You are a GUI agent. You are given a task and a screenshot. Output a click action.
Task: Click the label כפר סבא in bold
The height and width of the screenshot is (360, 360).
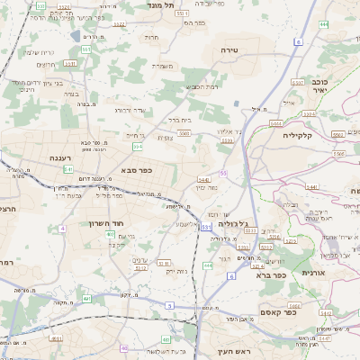(136, 170)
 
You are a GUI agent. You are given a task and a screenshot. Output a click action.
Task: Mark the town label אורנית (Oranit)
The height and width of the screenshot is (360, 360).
(311, 272)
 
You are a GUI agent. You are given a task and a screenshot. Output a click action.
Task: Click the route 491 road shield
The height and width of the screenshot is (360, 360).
(86, 298)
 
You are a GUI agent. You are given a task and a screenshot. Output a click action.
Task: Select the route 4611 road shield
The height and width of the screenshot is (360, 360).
(57, 339)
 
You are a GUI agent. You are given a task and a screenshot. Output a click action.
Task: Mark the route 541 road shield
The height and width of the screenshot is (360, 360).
(68, 168)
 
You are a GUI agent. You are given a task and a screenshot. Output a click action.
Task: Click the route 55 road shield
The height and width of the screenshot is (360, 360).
(222, 172)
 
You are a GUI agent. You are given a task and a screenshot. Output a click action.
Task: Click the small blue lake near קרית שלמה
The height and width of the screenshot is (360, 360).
(73, 37)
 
